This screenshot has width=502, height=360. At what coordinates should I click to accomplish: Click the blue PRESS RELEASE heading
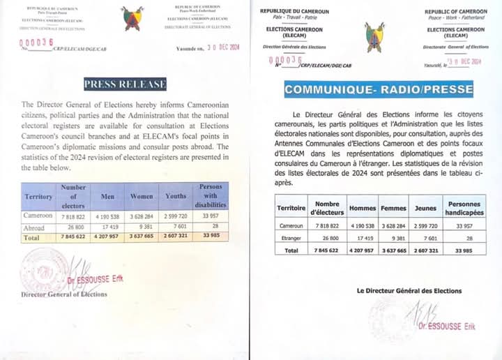125,84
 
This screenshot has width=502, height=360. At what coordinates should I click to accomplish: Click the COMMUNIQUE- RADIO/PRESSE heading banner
378,89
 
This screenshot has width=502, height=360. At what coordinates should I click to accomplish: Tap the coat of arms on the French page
374,36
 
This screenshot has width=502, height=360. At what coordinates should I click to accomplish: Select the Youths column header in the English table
176,197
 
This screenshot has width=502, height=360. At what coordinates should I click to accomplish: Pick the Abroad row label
34,227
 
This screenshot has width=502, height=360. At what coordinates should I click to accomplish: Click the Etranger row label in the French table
291,238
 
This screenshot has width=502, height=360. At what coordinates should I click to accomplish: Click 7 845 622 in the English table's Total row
73,237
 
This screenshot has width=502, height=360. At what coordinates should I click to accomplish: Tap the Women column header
142,197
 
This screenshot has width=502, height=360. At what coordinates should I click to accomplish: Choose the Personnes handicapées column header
464,208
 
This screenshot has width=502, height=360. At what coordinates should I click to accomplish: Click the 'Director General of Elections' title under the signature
64,294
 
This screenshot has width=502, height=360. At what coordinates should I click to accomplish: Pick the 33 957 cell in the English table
211,216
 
